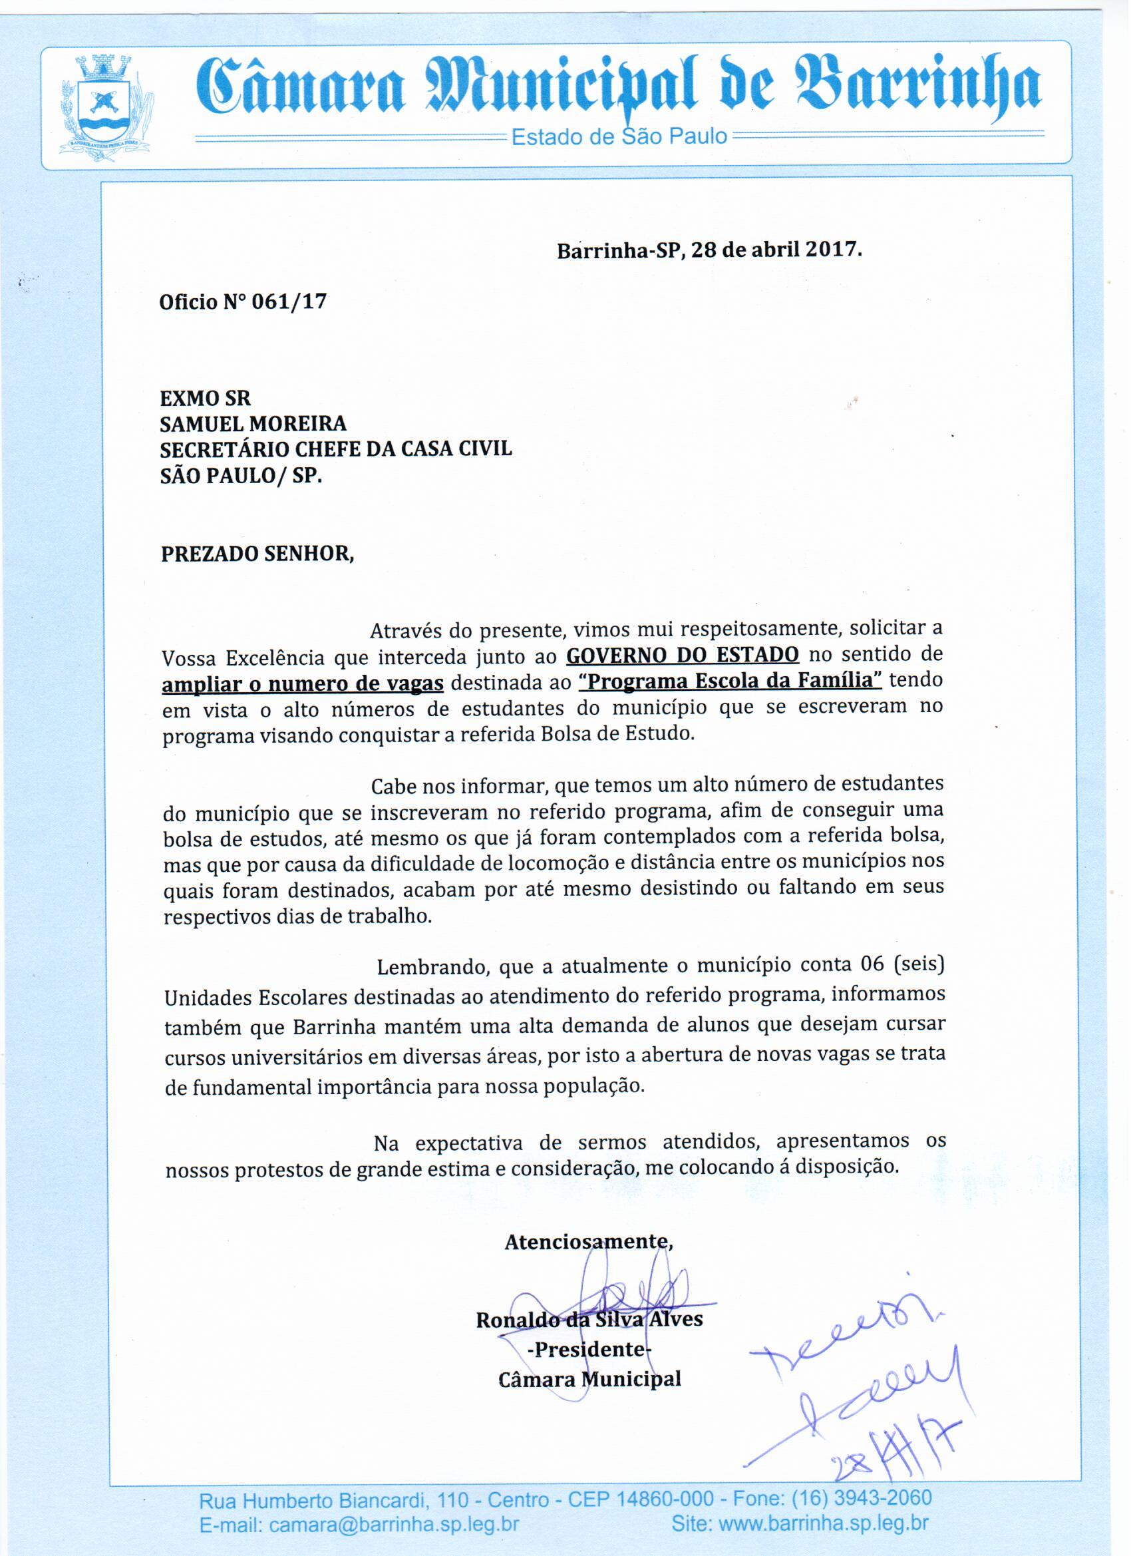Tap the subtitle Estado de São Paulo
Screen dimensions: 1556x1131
[619, 136]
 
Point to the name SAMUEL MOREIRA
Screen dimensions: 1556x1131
[253, 423]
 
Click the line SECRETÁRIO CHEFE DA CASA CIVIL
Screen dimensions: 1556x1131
[335, 449]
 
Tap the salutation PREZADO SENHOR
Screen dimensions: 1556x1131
[257, 554]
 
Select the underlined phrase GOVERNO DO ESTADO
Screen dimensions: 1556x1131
[682, 654]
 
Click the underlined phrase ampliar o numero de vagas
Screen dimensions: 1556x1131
[303, 684]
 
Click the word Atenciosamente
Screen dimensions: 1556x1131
[588, 1242]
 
